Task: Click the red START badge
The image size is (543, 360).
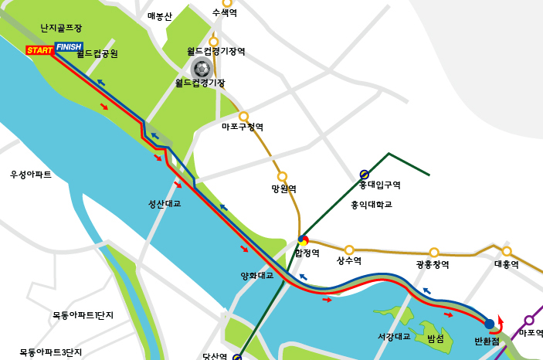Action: (x=40, y=50)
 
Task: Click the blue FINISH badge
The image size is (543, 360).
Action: (x=69, y=47)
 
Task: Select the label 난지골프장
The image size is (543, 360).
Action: (x=61, y=28)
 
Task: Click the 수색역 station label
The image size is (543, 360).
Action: (x=224, y=13)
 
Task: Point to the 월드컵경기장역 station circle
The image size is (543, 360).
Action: (x=214, y=42)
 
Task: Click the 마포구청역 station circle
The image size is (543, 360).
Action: (x=243, y=116)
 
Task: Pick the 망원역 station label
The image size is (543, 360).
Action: (x=284, y=188)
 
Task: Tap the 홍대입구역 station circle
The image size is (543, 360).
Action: (x=364, y=175)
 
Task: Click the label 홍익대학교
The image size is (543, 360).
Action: (x=372, y=205)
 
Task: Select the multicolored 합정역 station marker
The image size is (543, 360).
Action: (x=304, y=240)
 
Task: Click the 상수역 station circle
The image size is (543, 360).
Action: (x=349, y=250)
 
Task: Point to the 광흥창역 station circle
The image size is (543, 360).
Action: (x=434, y=253)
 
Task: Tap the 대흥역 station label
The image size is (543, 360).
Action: (x=507, y=264)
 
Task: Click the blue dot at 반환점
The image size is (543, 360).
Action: (x=489, y=324)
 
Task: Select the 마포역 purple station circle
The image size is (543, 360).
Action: (x=529, y=320)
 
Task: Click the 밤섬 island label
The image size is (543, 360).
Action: (x=436, y=338)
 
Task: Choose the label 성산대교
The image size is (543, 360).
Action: (x=165, y=204)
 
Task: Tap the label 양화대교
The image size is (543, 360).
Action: (x=257, y=275)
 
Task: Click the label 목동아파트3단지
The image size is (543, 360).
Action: (x=51, y=352)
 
